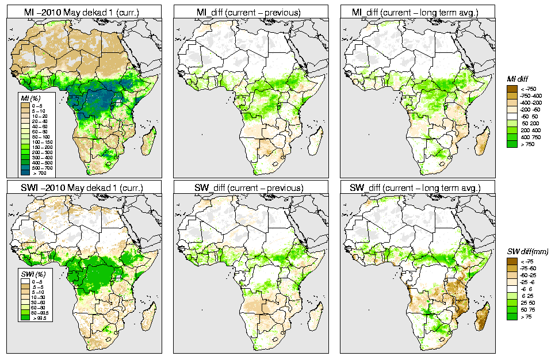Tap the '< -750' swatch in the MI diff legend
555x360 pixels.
click(x=510, y=89)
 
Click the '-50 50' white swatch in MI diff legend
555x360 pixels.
click(x=510, y=116)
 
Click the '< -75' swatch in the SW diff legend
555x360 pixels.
click(x=510, y=261)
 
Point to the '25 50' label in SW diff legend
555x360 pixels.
click(x=527, y=302)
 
